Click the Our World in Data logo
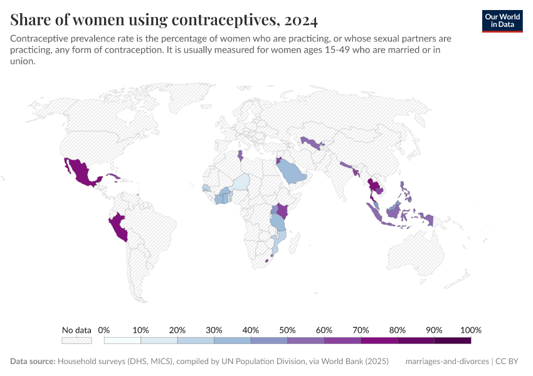click(x=502, y=21)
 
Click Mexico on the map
click(x=80, y=172)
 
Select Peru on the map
click(x=119, y=227)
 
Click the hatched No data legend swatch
click(x=77, y=340)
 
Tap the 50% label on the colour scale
click(x=287, y=330)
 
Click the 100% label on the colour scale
click(x=470, y=330)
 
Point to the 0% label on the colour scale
click(x=104, y=330)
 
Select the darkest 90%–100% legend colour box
click(x=452, y=340)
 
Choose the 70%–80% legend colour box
click(x=379, y=340)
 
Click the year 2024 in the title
click(x=300, y=20)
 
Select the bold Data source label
click(x=33, y=362)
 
